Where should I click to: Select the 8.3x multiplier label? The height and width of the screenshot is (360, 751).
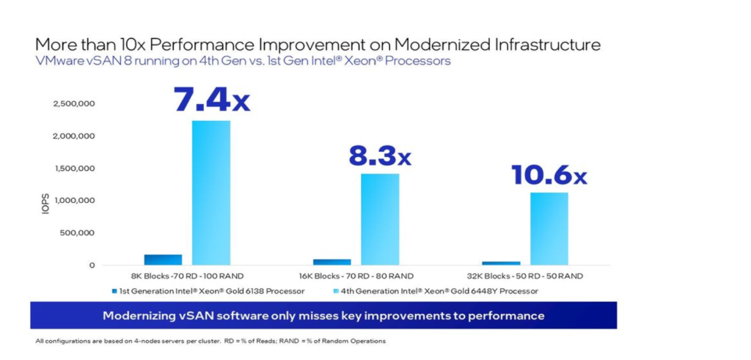click(379, 155)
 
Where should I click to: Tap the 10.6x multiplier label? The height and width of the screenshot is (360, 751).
click(549, 175)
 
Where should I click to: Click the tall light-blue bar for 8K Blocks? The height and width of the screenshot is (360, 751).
click(211, 192)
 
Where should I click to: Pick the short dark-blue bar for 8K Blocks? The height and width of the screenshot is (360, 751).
click(163, 260)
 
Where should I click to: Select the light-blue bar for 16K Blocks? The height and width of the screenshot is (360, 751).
click(380, 219)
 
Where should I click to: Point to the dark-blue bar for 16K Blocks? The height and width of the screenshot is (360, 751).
click(332, 262)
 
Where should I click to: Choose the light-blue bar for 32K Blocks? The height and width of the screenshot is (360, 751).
click(549, 229)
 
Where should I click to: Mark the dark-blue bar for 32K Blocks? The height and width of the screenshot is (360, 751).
click(502, 262)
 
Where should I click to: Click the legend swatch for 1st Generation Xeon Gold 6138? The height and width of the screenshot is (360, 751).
click(114, 291)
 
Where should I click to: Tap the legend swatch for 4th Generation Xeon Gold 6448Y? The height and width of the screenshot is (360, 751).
click(336, 291)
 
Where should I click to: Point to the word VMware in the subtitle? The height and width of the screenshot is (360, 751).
click(56, 61)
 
